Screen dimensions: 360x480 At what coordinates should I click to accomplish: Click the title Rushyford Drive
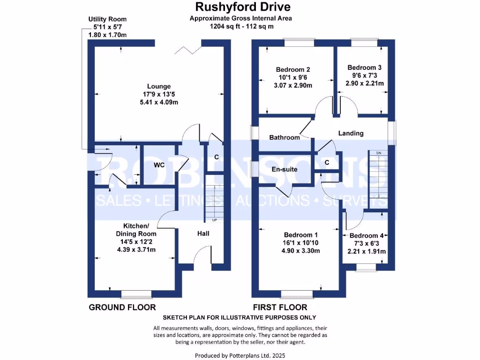coord(242,7)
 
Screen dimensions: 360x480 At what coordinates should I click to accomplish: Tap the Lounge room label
coord(159,86)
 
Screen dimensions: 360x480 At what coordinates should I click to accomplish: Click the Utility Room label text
coord(107,19)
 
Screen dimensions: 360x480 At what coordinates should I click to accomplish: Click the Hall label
coord(203,233)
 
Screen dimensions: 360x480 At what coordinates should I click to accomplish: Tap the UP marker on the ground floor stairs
coord(215,220)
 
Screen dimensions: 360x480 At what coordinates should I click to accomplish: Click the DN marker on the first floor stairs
coord(378,153)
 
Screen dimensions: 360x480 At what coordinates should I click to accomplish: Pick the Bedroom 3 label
coord(364,67)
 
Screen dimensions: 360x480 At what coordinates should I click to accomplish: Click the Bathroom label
coord(285,137)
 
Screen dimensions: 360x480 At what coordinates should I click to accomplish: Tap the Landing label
coord(351,133)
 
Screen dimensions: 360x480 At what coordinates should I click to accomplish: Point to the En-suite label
coord(285,169)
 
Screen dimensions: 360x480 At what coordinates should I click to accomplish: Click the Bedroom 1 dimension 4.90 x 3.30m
coord(300,251)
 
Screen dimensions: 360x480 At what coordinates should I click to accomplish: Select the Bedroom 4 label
coord(366,236)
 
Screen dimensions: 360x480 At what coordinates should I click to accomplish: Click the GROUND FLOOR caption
coord(122,307)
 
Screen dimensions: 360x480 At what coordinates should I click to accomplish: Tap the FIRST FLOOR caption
coord(280,307)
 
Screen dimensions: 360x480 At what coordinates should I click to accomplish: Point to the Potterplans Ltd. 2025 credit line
coord(240,355)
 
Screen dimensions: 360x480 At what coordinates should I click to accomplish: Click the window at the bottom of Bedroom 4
coord(365,267)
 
